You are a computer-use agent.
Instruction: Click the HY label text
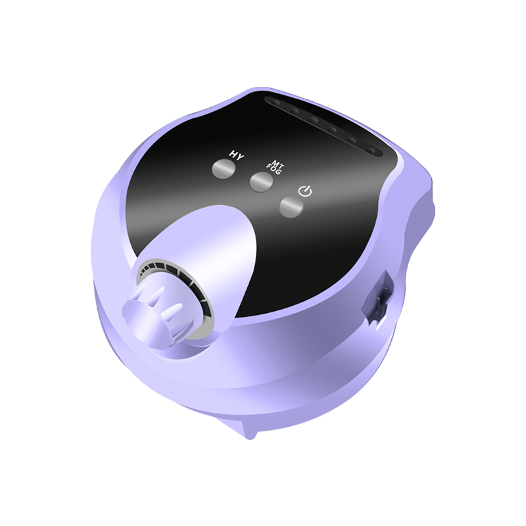coord(237,156)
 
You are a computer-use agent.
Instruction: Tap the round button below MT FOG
coord(262,183)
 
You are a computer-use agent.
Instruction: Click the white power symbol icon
coord(305,191)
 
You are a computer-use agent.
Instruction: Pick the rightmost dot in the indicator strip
coord(372,151)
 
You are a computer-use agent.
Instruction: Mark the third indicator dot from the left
coord(314,120)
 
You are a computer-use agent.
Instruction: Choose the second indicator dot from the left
coord(295,110)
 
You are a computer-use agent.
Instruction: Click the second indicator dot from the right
coord(352,140)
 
